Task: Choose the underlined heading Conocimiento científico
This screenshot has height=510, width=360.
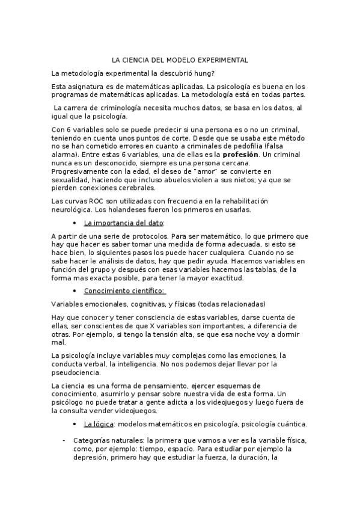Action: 115,292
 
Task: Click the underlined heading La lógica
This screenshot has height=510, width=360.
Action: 99,423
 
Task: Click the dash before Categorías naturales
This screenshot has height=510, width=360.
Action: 64,440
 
